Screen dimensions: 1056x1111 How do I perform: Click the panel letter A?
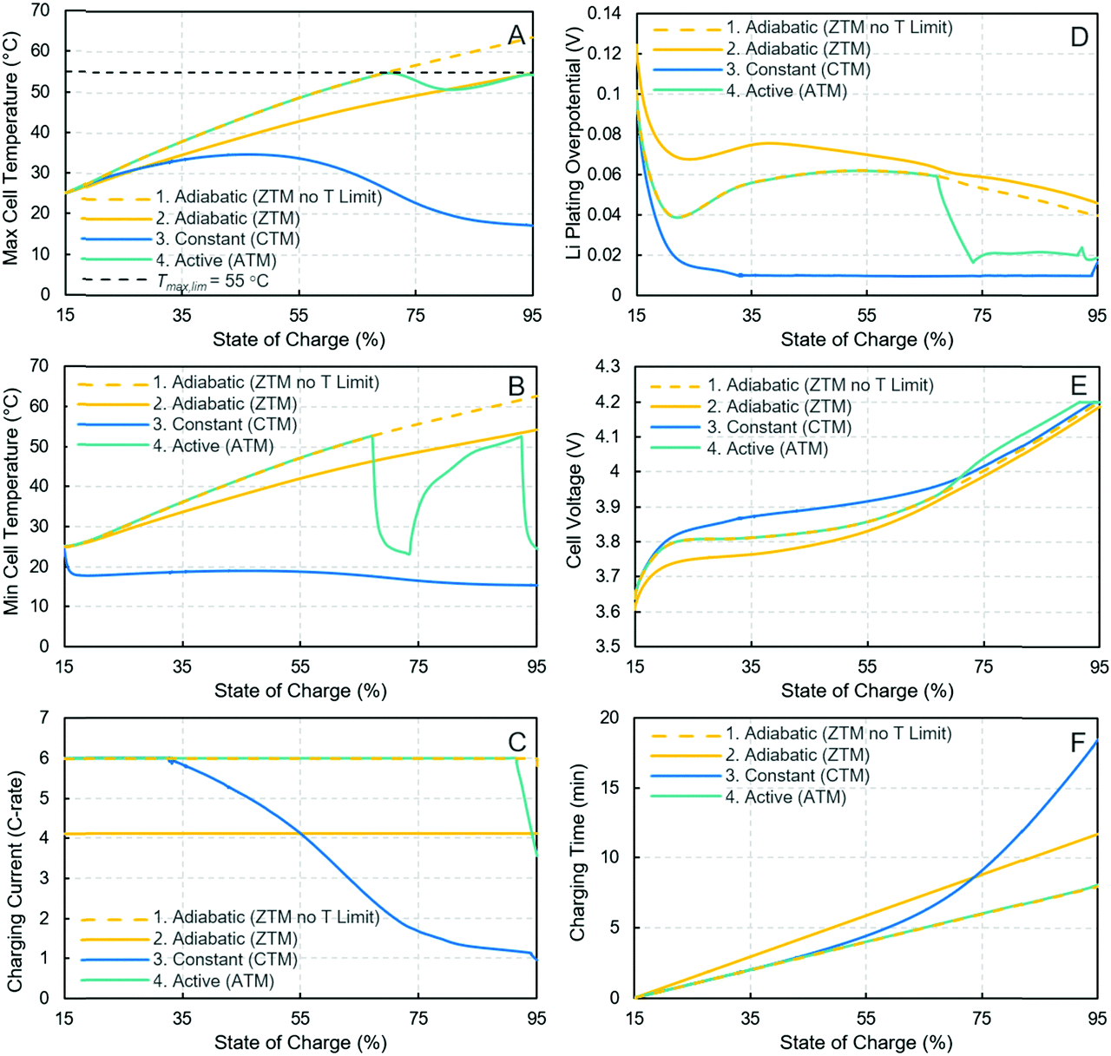coord(517,35)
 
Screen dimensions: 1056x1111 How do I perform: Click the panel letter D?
coord(1079,36)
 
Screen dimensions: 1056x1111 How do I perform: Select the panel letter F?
coord(1078,742)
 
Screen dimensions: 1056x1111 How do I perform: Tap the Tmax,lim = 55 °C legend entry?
coord(213,281)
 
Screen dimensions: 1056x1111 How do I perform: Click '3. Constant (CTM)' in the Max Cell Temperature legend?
coord(227,239)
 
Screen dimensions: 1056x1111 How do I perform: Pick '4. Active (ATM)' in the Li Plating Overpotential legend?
coord(786,91)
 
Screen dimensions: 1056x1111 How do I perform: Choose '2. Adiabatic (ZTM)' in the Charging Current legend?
coord(226,939)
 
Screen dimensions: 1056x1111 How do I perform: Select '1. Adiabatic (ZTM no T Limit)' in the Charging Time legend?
coord(838,734)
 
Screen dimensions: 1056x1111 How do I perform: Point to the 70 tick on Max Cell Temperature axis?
coord(40,11)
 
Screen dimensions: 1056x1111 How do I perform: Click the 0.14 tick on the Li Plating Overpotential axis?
coord(605,13)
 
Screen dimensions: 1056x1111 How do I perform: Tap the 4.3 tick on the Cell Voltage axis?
coord(608,367)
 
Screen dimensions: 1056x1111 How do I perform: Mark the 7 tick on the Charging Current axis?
coord(44,718)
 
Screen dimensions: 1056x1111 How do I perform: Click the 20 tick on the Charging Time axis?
coord(609,718)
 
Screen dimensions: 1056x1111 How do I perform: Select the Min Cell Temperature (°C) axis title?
coord(11,502)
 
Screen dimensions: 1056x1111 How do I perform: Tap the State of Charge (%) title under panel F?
coord(866,1043)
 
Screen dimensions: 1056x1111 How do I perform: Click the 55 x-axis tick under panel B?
coord(300,667)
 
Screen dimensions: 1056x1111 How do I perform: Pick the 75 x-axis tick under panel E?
coord(983,667)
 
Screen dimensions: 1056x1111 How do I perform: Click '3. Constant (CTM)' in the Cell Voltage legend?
coord(779,428)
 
